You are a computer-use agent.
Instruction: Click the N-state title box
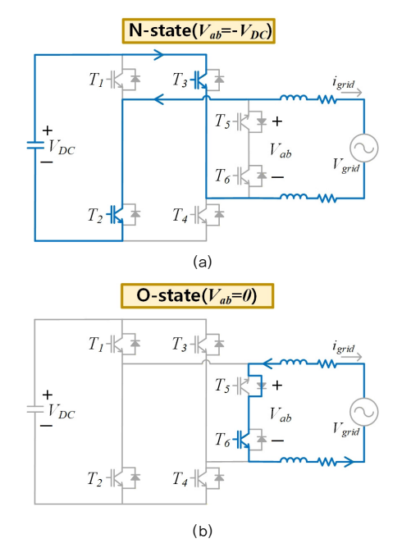coord(199,31)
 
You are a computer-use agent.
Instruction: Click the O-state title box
coord(198,296)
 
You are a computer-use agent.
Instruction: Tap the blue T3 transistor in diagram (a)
coord(201,80)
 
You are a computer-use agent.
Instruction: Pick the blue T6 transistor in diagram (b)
coord(243,440)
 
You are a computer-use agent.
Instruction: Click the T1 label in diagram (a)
coord(96,80)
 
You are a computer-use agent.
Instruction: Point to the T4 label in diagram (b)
coord(180,479)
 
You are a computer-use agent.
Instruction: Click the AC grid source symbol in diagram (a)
coord(364,148)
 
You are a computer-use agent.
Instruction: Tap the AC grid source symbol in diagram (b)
coord(364,412)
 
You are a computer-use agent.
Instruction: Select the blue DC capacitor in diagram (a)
coord(35,145)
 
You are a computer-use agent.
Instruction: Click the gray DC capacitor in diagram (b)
coord(35,409)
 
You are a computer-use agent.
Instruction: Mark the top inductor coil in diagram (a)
coord(294,98)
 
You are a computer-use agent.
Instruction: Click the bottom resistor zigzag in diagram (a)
coord(327,199)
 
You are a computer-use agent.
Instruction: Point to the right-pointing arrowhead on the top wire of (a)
coord(159,55)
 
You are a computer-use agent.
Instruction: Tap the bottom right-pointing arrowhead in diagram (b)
coord(349,462)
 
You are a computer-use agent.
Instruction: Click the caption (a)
coord(203,262)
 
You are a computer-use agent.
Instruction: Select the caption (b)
coord(203,531)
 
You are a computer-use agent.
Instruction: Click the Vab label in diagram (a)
coord(281,151)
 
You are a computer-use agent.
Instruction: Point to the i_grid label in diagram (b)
coord(344,347)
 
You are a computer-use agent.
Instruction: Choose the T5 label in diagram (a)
coord(222,121)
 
